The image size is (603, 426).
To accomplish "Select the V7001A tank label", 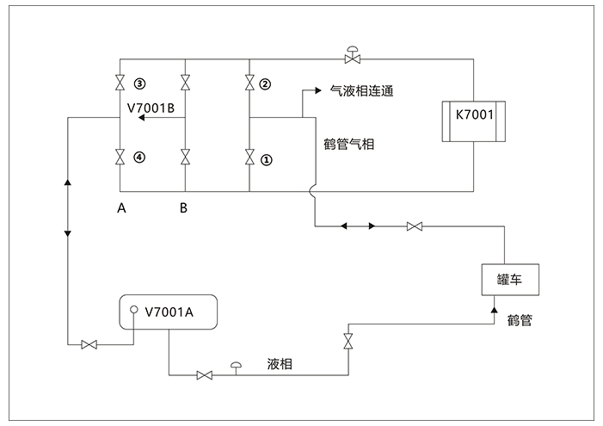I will click(x=169, y=312).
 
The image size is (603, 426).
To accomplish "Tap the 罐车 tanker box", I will click(x=510, y=280).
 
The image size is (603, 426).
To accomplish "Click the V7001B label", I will click(x=151, y=109).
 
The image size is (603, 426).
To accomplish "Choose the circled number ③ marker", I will click(x=138, y=84).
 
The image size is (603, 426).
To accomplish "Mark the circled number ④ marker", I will click(x=138, y=157).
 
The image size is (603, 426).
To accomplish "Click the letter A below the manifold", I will click(x=122, y=208).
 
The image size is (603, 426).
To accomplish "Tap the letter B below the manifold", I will click(x=183, y=208).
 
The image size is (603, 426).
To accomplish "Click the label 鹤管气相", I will click(x=348, y=144).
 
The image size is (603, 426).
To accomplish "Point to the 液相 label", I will click(x=280, y=365).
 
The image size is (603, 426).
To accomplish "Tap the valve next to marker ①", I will click(x=249, y=158).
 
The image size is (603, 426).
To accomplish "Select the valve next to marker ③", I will click(x=120, y=84).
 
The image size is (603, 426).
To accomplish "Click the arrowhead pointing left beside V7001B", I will click(x=141, y=120).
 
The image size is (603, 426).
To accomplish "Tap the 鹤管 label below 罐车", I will click(x=520, y=321).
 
